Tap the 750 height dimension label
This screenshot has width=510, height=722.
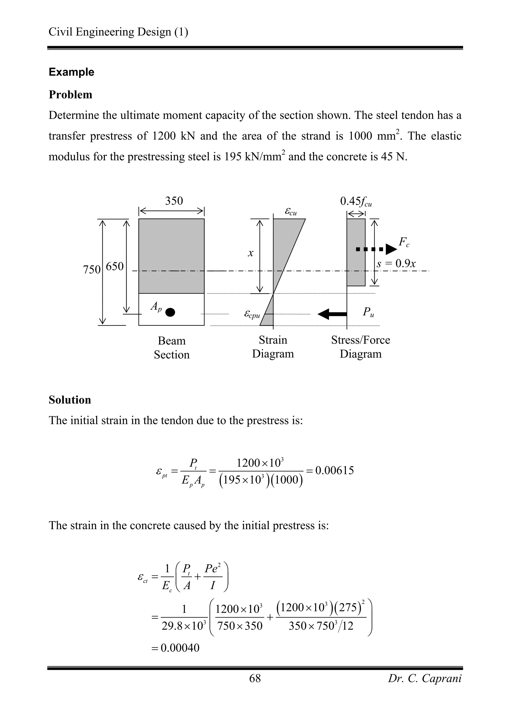coord(91,270)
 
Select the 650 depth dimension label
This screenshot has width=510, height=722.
coord(115,266)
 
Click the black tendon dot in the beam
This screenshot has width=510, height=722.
coord(170,312)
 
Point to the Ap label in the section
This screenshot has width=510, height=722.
coord(156,306)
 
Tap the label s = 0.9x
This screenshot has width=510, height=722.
coord(396,264)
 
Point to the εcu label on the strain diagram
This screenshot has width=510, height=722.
coord(291,211)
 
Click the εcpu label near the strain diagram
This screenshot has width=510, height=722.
coord(252,314)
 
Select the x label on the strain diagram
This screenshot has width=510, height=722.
coord(251,253)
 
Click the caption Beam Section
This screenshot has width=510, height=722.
coord(172,348)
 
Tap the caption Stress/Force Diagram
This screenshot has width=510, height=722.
coord(360,347)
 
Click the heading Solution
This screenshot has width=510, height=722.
coord(70,400)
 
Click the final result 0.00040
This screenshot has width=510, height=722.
coord(180,648)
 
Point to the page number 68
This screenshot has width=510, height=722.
coord(255,678)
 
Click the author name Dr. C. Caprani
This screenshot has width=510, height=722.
coord(425,678)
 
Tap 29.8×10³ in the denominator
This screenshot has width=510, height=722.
coord(184,626)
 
